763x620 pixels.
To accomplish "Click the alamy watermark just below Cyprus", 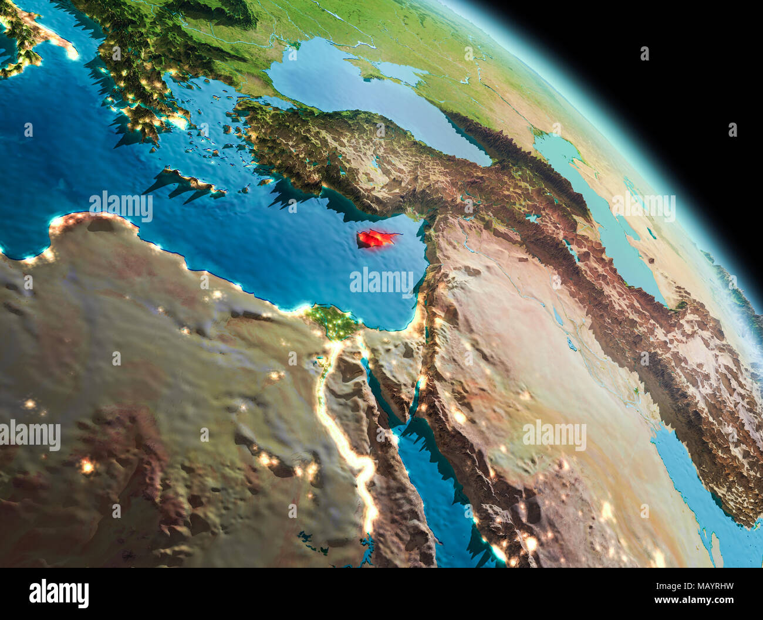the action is pyautogui.click(x=381, y=281).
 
